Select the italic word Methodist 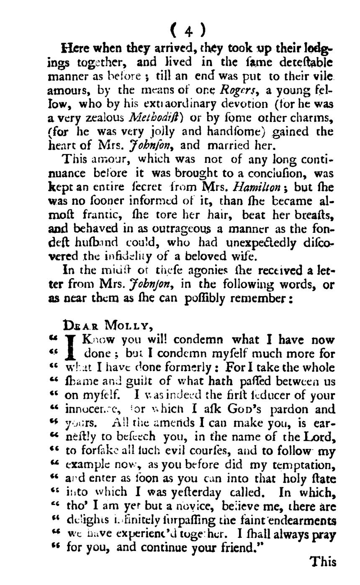154,118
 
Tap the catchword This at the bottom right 322,562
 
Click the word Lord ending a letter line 320,437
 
